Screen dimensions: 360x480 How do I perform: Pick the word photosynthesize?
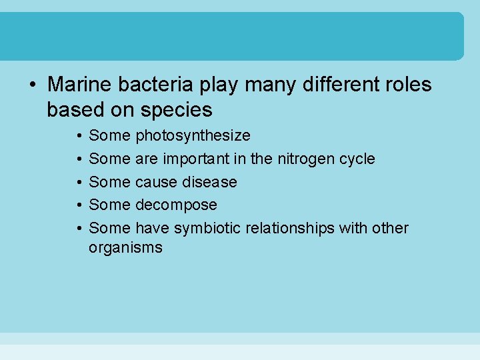(x=193, y=136)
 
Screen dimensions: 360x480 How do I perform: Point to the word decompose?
(x=176, y=205)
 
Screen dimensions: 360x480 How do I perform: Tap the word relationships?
(x=290, y=228)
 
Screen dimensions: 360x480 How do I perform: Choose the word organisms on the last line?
(x=125, y=248)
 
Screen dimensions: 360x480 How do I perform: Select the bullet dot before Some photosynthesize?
(x=78, y=136)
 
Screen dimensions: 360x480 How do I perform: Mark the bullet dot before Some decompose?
(x=78, y=205)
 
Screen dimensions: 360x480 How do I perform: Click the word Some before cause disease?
(x=109, y=182)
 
